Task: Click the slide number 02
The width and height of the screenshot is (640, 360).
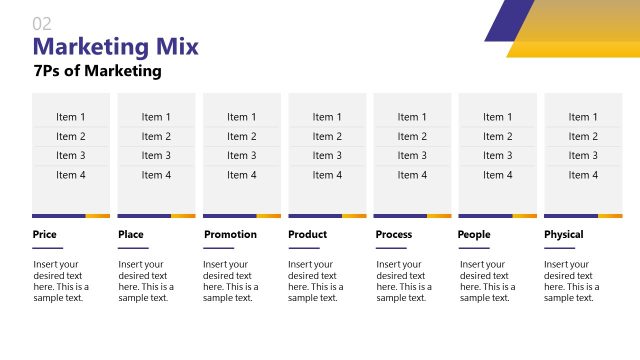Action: pos(42,23)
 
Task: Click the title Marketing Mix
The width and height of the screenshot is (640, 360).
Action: pos(115,47)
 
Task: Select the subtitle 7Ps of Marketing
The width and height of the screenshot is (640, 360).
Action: pos(97,71)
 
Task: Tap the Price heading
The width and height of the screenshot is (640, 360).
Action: pos(44,235)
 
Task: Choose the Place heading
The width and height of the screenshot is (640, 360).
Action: pos(131,235)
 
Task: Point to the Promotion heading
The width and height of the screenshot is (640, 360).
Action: pos(230,235)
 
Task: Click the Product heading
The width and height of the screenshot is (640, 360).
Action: pos(308,235)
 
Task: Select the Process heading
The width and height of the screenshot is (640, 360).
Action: pos(394,235)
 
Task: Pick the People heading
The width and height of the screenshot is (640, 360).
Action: pos(474,235)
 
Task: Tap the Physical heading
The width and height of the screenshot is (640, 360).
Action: pos(564,235)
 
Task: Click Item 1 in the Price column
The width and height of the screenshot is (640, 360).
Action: pos(71,117)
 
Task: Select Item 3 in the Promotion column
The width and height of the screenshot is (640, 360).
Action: pos(242,156)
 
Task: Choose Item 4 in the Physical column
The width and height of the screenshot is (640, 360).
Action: pos(583,175)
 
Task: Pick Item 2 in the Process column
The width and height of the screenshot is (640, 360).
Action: pos(412,137)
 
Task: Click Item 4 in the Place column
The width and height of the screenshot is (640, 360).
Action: pos(156,175)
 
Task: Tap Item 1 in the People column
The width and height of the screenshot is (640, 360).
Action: pos(498,117)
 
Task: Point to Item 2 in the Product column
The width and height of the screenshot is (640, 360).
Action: pos(327,137)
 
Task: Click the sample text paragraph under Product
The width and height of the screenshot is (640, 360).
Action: pos(316,281)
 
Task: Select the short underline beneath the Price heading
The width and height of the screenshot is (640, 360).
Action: pos(47,248)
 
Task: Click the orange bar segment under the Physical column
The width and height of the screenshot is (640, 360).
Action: pos(610,215)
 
